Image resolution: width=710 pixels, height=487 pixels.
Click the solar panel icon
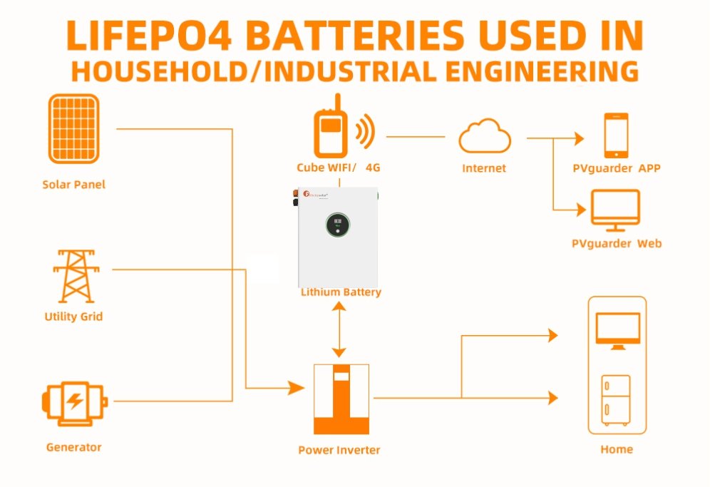click(73, 129)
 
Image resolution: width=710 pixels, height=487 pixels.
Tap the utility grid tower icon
click(74, 276)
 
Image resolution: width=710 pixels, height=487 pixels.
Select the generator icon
click(74, 402)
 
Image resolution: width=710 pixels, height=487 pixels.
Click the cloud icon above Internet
click(485, 137)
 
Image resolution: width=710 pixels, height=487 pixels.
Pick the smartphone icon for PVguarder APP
click(616, 135)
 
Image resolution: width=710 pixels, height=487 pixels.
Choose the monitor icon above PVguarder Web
click(616, 211)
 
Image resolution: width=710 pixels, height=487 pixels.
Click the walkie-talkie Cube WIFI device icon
click(330, 131)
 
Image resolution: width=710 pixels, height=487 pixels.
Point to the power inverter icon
click(341, 399)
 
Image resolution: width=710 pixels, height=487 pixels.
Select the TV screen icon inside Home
click(617, 331)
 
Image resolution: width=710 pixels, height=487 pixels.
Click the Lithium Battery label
click(341, 292)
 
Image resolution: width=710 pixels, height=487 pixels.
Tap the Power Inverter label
click(339, 450)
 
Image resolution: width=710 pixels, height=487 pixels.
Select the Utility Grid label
click(74, 316)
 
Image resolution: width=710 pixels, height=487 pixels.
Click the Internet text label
click(484, 168)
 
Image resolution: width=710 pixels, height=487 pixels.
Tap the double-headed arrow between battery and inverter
click(339, 329)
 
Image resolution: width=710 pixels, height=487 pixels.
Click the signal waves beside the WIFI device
click(365, 132)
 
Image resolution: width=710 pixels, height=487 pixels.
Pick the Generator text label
click(73, 447)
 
